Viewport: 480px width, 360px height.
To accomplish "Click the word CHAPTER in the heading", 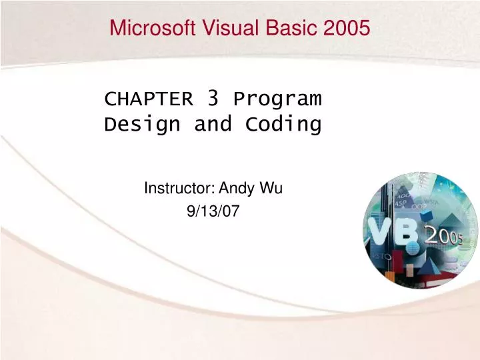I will pyautogui.click(x=149, y=100).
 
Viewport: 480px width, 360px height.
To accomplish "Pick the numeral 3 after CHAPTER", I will pyautogui.click(x=213, y=99).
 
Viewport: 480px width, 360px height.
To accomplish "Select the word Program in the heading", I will pyautogui.click(x=277, y=100).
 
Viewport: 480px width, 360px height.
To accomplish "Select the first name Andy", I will pyautogui.click(x=235, y=189).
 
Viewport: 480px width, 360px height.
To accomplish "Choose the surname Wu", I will pyautogui.click(x=272, y=189).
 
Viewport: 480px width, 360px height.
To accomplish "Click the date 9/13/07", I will pyautogui.click(x=213, y=211).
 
